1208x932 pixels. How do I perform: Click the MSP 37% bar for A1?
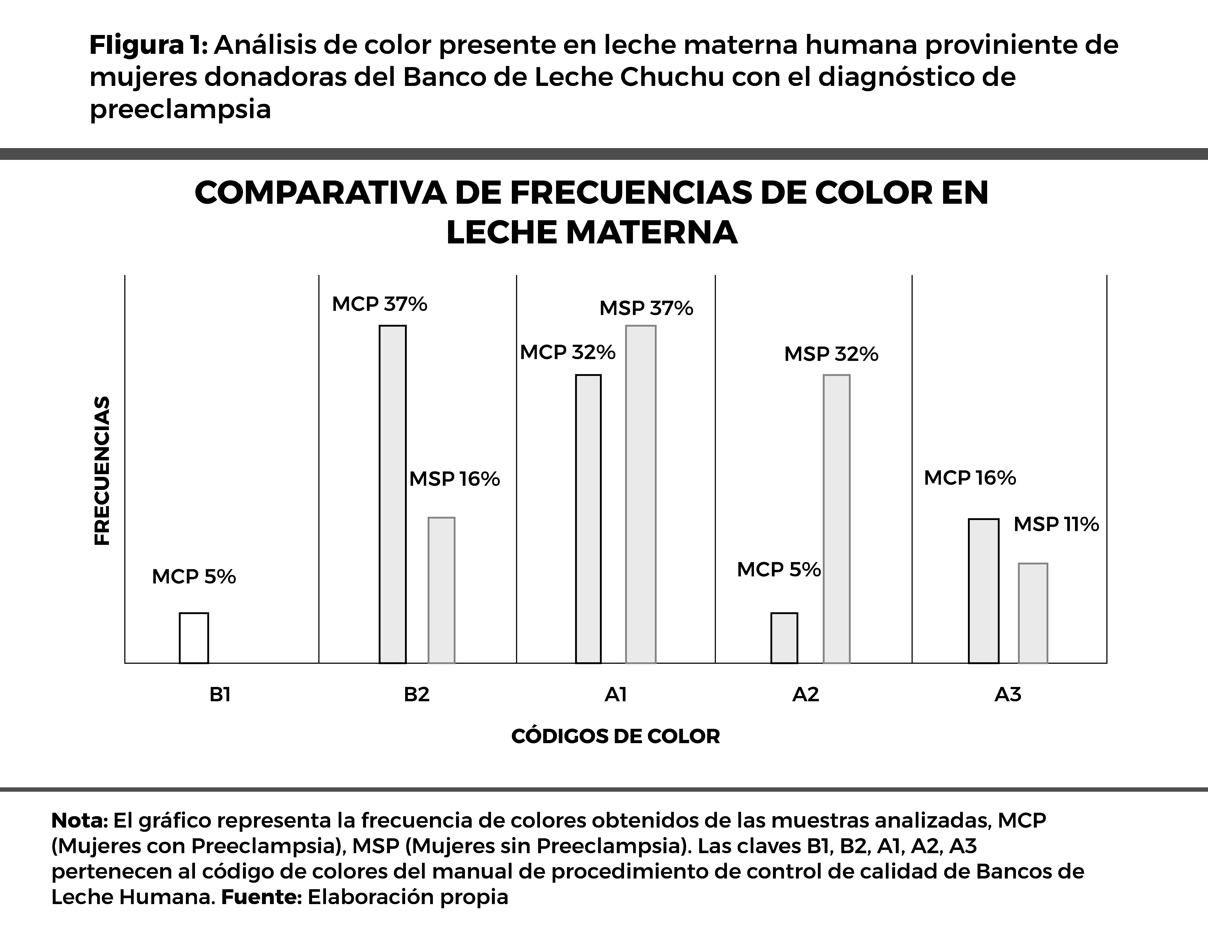coord(641,494)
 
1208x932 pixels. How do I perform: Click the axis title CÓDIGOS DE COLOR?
coord(615,736)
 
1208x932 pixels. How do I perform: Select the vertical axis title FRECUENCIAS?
coord(102,470)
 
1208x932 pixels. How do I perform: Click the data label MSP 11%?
coord(1055,524)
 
